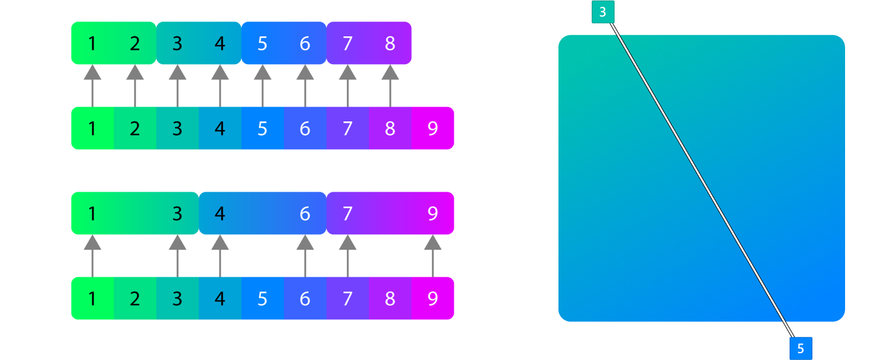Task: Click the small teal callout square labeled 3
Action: tap(603, 12)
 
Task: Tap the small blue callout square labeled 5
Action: tap(801, 348)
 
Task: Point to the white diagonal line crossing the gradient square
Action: tap(702, 179)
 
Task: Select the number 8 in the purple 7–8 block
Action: tap(390, 44)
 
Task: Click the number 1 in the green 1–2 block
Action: tap(92, 44)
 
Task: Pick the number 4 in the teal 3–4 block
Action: tap(220, 44)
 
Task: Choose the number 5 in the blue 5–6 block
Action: tap(263, 44)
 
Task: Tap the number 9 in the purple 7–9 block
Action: tap(433, 214)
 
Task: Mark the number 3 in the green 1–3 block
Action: tap(178, 214)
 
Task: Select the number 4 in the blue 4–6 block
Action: tap(220, 214)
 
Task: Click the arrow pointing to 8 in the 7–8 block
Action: tap(390, 86)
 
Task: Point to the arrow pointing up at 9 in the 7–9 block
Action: tap(433, 256)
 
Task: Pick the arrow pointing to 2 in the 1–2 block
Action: tap(135, 86)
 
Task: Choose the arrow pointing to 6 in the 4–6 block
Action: tap(305, 256)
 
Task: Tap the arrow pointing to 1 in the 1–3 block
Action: tap(92, 256)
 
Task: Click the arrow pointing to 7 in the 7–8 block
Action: tap(348, 86)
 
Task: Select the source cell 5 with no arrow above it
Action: tap(263, 299)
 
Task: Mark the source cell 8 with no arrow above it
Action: tap(390, 299)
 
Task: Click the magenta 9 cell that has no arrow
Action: tap(433, 129)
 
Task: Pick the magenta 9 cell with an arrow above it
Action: tap(433, 299)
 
